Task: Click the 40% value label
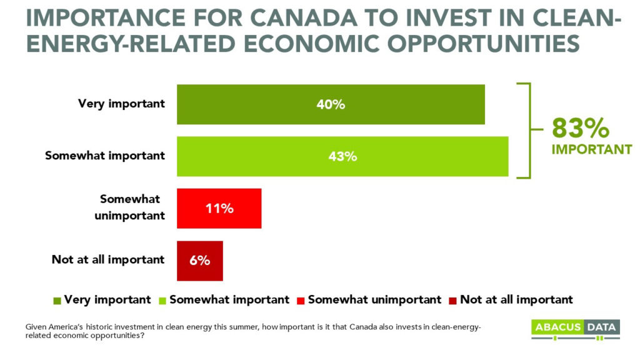[x=331, y=104]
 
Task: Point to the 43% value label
[x=342, y=156]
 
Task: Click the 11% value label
[x=219, y=208]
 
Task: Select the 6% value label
[x=199, y=261]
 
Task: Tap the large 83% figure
[x=580, y=128]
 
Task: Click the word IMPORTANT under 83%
[x=591, y=150]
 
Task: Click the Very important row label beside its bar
[x=121, y=104]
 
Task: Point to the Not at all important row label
[x=108, y=259]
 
